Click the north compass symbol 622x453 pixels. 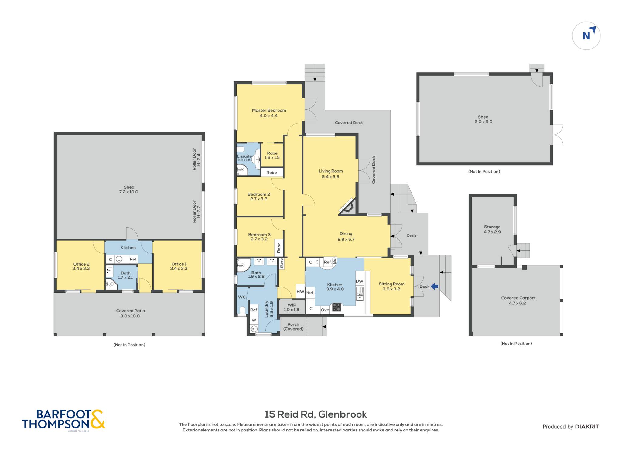tap(586, 35)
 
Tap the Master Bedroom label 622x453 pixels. tap(269, 110)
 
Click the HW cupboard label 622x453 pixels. tap(300, 291)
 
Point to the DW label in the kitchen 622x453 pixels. tap(360, 281)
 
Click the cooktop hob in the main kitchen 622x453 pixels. tap(337, 307)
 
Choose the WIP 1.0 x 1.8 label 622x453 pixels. tap(292, 307)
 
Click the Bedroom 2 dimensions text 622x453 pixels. tap(259, 199)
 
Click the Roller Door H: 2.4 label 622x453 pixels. tap(197, 159)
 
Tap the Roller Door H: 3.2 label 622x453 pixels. tap(197, 211)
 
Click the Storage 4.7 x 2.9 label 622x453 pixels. tap(492, 229)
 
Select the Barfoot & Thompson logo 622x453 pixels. tap(63, 419)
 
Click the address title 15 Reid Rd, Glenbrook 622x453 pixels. tap(316, 414)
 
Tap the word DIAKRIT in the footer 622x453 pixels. tap(587, 427)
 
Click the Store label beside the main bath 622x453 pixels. tap(282, 263)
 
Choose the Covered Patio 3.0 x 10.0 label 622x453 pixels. tap(130, 313)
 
